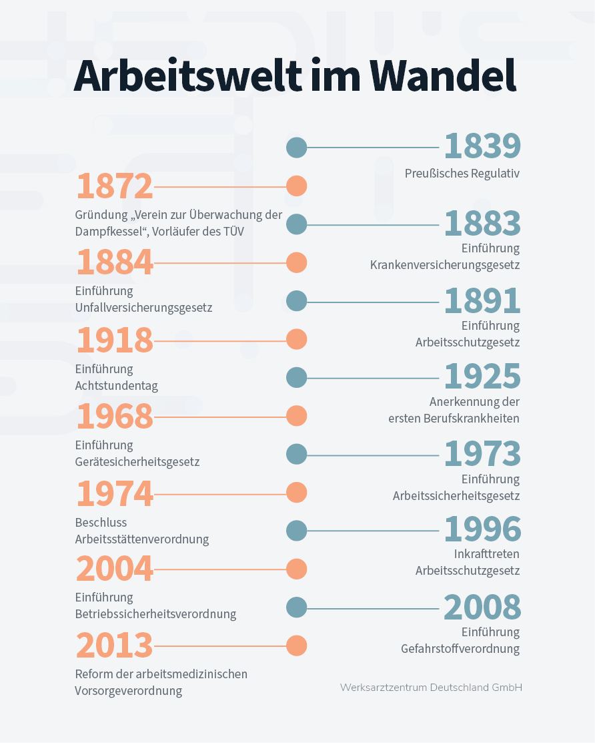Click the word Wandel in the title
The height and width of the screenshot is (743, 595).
pos(443,75)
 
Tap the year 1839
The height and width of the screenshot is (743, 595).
pos(482,146)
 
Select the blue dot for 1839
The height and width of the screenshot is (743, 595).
pos(297,148)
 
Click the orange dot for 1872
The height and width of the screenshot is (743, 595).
pos(297,186)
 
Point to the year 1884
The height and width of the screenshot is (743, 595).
pos(115,262)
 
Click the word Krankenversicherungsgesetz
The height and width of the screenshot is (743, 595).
pos(445,265)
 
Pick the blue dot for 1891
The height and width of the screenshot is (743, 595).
pos(297,301)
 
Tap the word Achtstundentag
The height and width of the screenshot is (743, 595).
pos(117,386)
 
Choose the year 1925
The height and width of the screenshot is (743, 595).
pos(482,377)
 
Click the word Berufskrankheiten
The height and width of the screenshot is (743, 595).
pos(472,419)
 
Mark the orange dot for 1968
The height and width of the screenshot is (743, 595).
pos(297,416)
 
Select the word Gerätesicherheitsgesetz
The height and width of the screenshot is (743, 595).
pos(137,462)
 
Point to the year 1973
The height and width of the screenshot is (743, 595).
pos(482,453)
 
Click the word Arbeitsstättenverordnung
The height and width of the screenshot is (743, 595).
pos(142,539)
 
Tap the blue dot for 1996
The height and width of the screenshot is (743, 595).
pos(297,530)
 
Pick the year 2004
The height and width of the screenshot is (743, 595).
pos(115,569)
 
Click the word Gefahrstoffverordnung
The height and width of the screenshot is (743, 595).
pos(460,649)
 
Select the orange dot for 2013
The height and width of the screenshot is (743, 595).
pos(297,646)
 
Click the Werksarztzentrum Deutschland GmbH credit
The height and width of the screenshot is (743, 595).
pos(431,687)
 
